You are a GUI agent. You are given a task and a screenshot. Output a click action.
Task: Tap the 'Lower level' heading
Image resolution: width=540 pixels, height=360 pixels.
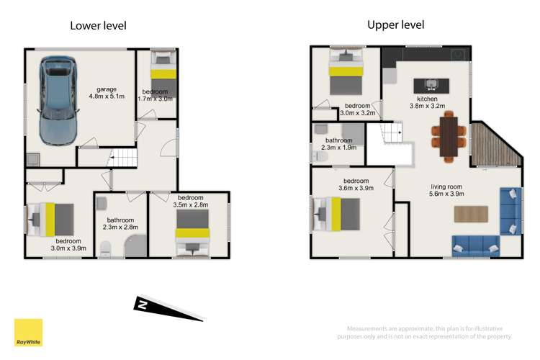coord(98,26)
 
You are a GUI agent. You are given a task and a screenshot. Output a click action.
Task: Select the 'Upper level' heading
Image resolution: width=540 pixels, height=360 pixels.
coord(395,24)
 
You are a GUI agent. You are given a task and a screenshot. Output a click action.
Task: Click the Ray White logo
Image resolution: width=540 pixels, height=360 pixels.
coord(28,333)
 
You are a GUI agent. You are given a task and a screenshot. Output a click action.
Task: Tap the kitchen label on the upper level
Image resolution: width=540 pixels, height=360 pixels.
coord(427,99)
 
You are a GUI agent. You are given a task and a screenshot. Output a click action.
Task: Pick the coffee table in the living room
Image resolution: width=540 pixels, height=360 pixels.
coord(472,213)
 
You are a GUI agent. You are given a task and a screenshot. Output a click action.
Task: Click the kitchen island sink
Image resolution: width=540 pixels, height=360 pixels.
coord(432,84)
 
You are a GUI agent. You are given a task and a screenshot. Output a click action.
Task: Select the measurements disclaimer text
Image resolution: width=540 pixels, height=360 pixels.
coord(425,332)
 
